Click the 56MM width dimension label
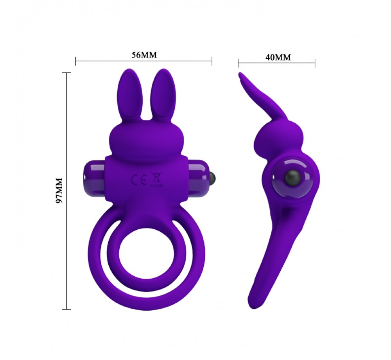[144, 55]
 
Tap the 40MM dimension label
[278, 57]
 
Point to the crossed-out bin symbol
[156, 181]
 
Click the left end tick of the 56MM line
[75, 61]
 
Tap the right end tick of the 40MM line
[315, 63]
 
